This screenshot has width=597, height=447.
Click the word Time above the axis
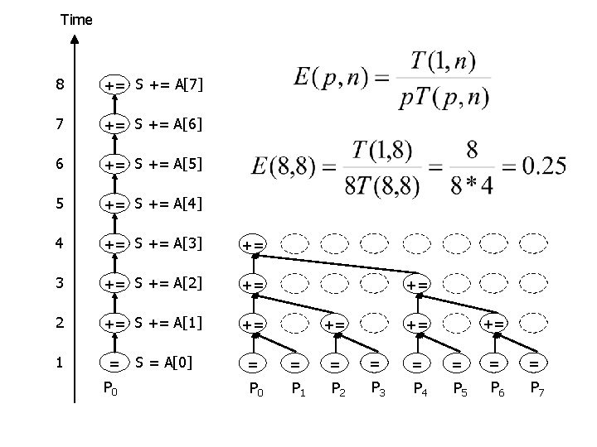click(76, 19)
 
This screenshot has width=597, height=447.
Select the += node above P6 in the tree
click(494, 323)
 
